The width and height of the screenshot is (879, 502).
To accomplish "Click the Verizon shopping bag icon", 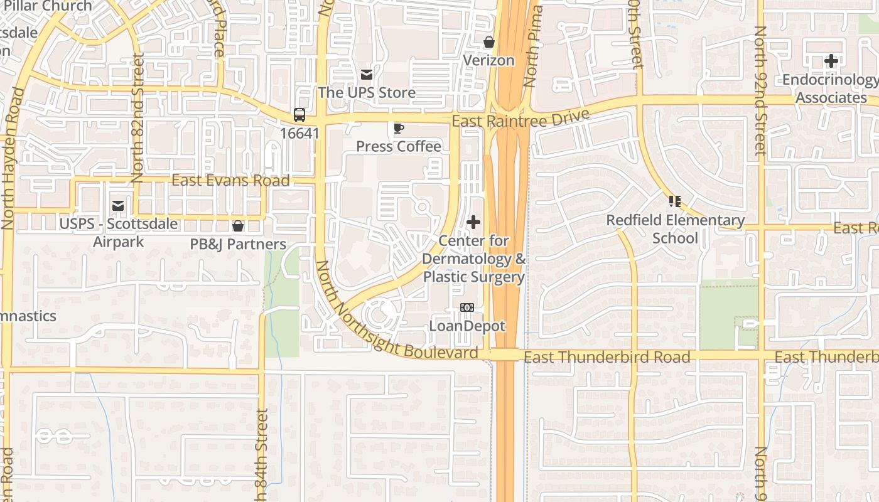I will pos(488,43).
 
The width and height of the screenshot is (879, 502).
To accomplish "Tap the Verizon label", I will pos(488,61).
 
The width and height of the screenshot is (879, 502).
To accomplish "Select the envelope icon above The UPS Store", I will pos(366,75).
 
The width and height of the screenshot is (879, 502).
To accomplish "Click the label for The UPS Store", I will pos(366,93).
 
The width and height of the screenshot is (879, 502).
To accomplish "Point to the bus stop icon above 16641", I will pos(299,115).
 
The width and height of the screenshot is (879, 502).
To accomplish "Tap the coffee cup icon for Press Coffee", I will pos(398,129).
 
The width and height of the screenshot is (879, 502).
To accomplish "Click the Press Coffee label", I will pos(399,147).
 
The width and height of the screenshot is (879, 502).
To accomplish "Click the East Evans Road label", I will pos(230,181).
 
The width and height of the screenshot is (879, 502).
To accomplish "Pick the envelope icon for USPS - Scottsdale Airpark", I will pos(117,205).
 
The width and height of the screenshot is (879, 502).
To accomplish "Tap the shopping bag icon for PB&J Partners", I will pos(238,226).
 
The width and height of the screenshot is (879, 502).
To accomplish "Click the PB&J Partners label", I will pos(238,244).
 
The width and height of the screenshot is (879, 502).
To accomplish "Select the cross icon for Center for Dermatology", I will pos(473,222).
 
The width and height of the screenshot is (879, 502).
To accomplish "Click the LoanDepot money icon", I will pos(466,307).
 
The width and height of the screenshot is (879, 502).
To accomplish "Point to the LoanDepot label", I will pos(466,326).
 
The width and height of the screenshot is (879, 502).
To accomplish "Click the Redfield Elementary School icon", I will pos(675,201).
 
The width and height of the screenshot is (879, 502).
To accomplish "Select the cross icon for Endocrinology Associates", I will pos(831,61).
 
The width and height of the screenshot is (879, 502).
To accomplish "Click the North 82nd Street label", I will pos(138,118).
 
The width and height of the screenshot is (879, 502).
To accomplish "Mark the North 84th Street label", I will pos(262,455).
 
